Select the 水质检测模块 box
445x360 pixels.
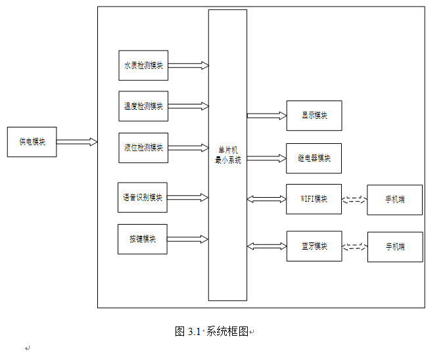tap(143, 66)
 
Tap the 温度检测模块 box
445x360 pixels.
tap(143, 106)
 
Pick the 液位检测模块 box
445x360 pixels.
tap(143, 147)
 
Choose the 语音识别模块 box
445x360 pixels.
tap(143, 198)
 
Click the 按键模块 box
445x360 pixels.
tap(143, 239)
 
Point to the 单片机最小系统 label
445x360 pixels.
tap(227, 155)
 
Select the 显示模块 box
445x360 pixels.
tap(314, 116)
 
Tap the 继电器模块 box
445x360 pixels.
tap(314, 158)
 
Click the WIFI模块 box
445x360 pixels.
tap(314, 199)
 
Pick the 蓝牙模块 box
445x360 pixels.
tap(314, 246)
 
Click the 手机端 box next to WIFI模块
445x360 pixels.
tap(395, 200)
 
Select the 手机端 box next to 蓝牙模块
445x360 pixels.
tap(395, 247)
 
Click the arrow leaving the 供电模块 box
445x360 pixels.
tap(77, 142)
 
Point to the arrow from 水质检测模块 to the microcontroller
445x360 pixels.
tap(188, 66)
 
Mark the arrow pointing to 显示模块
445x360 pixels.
tap(267, 116)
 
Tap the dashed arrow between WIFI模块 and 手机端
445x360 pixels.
tap(355, 200)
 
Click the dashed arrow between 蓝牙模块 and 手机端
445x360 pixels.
tap(355, 247)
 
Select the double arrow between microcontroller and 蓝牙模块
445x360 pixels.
tap(267, 246)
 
